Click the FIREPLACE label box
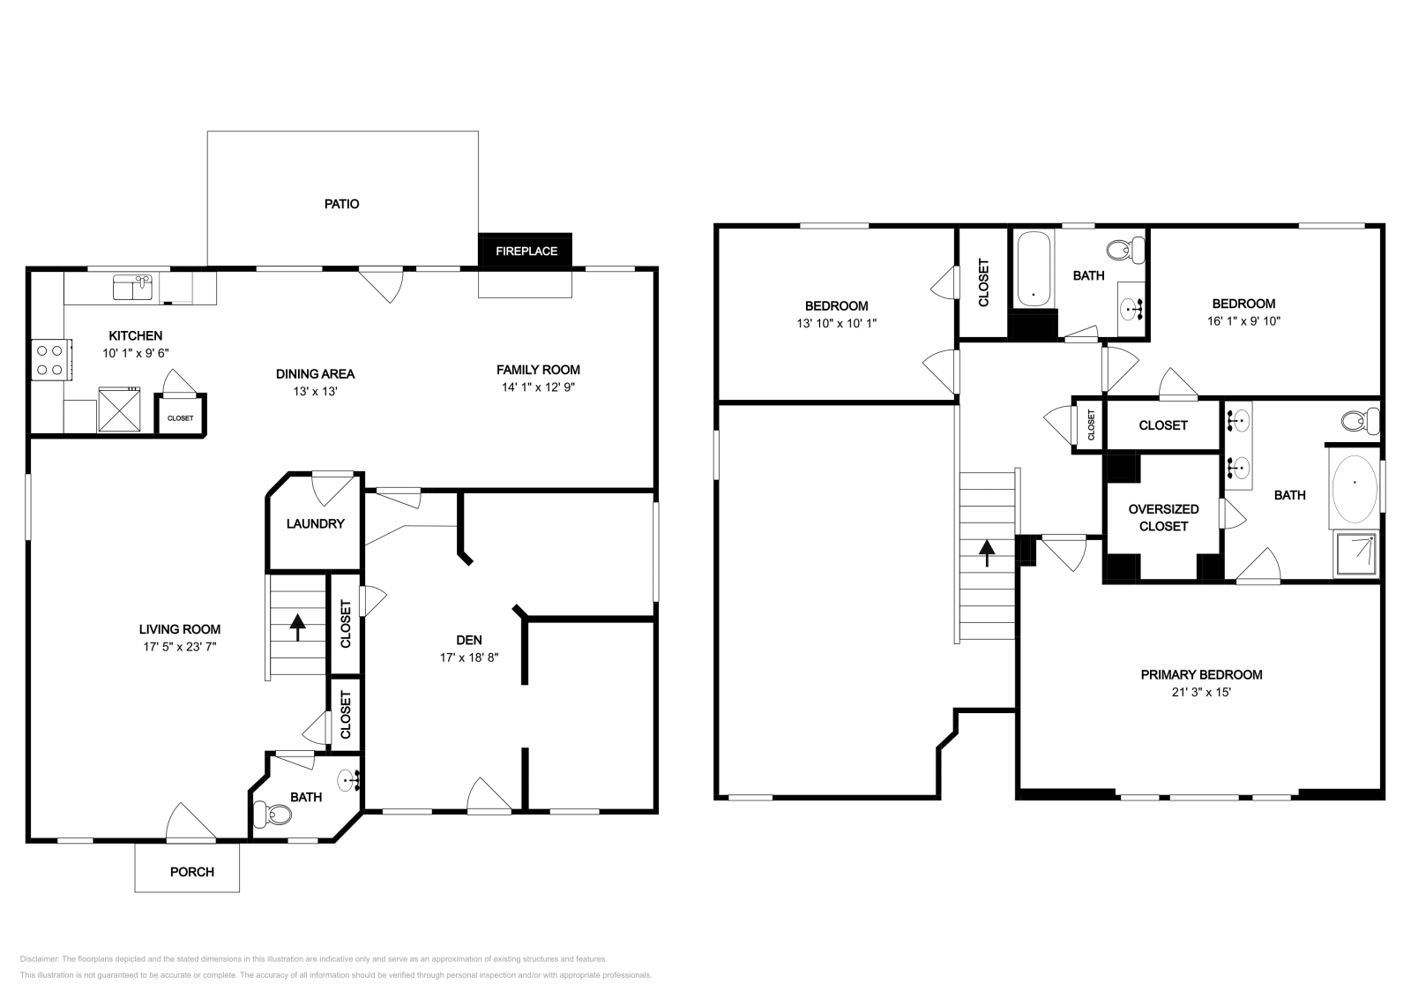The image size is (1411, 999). tap(526, 251)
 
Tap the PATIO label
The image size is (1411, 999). tap(341, 204)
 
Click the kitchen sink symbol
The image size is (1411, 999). tap(133, 288)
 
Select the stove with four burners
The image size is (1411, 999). tap(48, 360)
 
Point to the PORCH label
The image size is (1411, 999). tap(191, 872)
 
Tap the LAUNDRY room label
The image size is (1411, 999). tap(315, 523)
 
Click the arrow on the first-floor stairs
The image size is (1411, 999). tap(297, 627)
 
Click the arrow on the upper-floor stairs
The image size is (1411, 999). tap(986, 553)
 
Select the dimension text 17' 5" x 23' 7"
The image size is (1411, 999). tap(179, 646)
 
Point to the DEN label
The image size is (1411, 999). tap(469, 640)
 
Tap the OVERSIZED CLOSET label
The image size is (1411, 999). tap(1163, 517)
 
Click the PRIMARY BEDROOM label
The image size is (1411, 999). tap(1201, 674)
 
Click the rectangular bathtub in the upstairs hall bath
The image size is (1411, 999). tap(1033, 269)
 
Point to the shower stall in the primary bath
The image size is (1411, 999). tap(1356, 554)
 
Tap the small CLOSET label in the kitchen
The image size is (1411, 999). tap(180, 417)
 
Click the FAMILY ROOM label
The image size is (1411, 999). tap(538, 370)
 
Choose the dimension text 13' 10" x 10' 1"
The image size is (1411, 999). tap(836, 323)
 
